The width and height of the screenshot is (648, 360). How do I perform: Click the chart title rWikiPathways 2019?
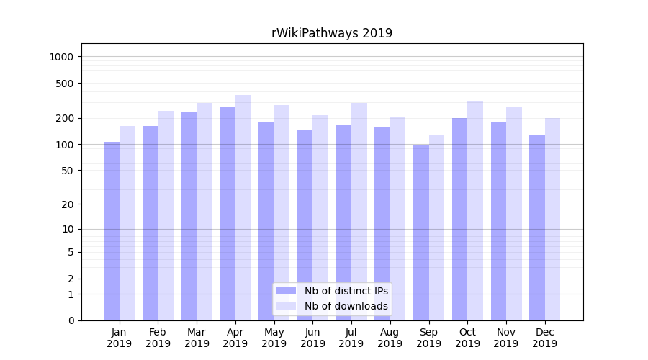331,33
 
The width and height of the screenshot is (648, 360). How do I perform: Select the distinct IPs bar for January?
112,230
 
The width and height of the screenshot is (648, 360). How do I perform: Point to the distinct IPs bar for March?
189,216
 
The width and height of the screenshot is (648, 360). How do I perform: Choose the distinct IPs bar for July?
343,222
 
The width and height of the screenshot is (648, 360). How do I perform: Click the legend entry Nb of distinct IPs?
346,291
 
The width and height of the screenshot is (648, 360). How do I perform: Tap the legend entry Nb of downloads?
346,306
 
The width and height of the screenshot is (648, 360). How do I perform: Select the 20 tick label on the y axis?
68,204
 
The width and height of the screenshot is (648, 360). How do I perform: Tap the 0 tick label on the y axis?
71,320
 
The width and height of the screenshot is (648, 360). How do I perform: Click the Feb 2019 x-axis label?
158,338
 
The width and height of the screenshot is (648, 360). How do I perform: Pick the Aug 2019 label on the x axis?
390,338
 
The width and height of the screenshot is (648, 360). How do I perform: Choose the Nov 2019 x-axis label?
505,338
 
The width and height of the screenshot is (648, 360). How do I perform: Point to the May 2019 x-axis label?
274,338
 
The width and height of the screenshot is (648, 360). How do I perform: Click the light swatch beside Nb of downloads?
286,306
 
